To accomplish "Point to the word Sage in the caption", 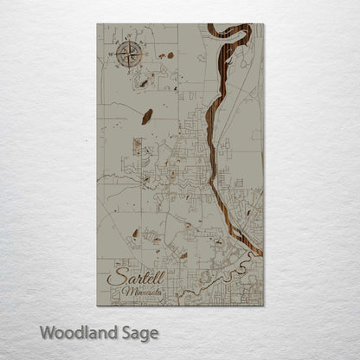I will point(139,332).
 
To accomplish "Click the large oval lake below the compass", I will point(148,114).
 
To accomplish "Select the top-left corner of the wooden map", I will point(98,24).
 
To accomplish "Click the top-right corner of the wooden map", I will point(263,24).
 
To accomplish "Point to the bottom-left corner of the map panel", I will point(98,305).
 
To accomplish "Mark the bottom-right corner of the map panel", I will point(263,305).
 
